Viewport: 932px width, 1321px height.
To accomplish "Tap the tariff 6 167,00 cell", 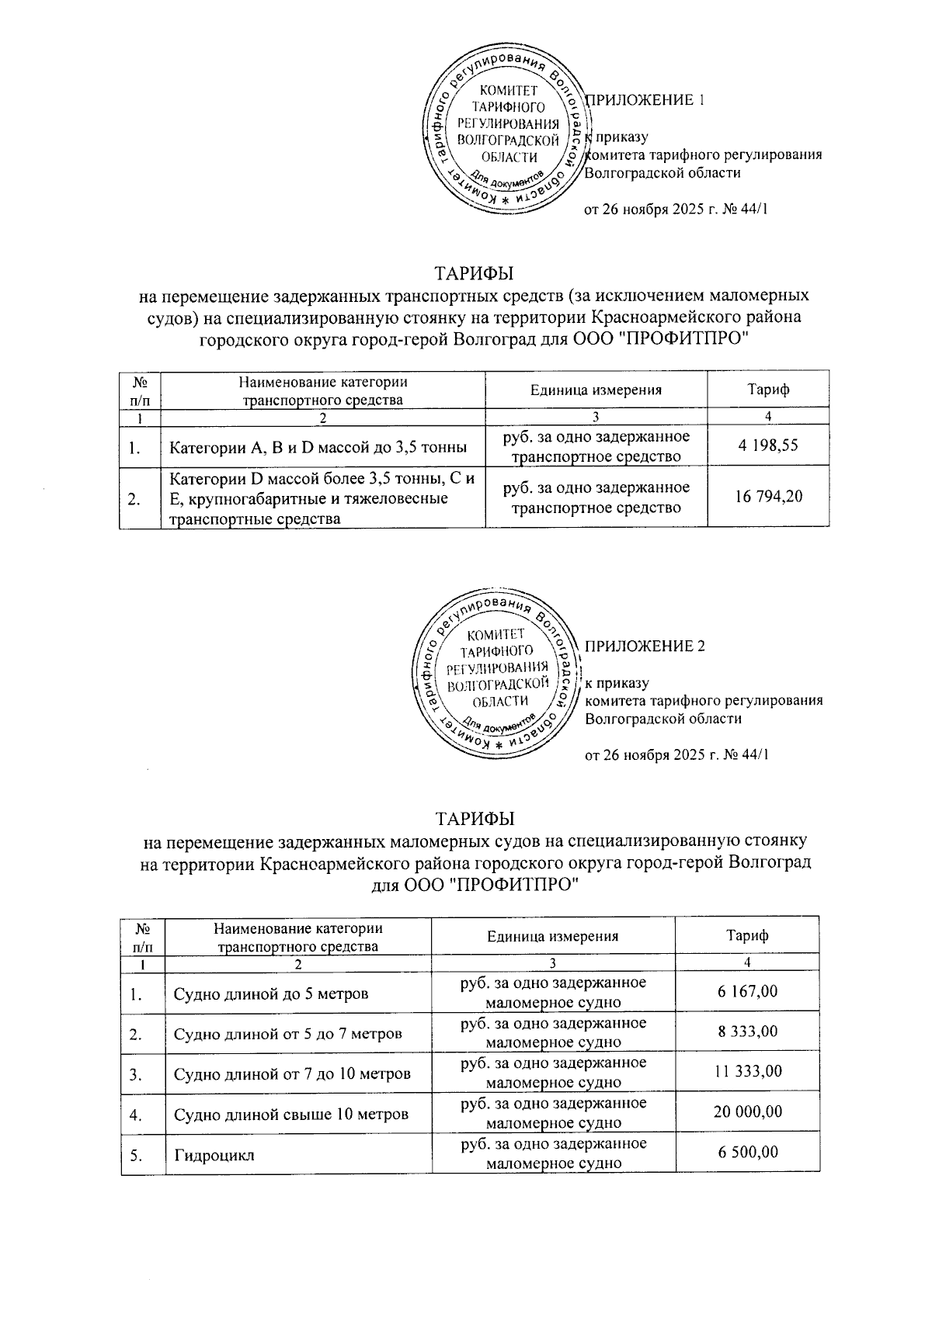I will (747, 991).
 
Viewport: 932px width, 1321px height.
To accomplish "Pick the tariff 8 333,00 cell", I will (747, 1031).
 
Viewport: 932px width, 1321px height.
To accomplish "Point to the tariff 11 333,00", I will (747, 1072).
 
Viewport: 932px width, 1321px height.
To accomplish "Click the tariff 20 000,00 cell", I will (747, 1112).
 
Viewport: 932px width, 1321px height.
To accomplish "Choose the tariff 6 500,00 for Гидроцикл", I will (747, 1153).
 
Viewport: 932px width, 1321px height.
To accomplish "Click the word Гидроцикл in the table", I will (214, 1156).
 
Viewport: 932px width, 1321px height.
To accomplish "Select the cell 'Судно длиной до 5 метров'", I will (271, 994).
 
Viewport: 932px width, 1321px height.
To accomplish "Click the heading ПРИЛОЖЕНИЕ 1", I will (645, 100).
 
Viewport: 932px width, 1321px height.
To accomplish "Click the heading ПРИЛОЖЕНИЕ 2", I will (645, 646).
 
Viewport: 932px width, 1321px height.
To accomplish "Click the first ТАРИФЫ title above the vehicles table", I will (474, 274).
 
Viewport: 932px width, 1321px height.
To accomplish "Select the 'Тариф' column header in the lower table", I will (747, 935).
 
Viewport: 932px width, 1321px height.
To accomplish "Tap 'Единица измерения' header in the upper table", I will (596, 390).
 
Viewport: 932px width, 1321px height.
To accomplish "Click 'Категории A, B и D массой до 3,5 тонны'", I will (318, 447).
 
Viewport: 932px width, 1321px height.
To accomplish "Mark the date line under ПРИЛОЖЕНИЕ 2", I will (676, 755).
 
